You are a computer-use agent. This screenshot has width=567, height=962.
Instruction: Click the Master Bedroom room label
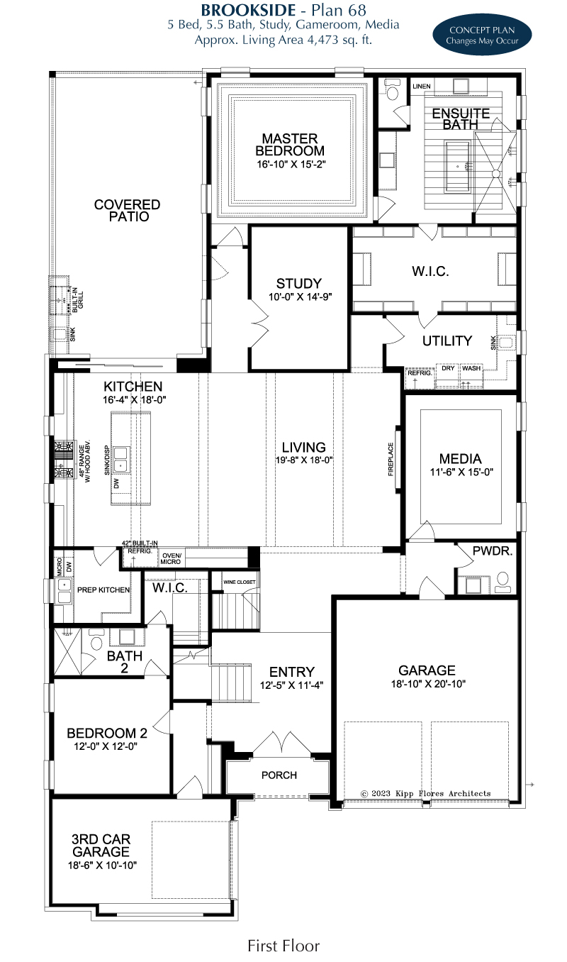pos(290,145)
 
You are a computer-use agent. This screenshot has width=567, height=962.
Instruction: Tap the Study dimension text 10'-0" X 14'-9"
pos(301,297)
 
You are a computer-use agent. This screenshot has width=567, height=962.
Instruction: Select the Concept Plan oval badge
pos(482,35)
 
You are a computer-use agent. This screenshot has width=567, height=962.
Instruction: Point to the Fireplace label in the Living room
pos(391,459)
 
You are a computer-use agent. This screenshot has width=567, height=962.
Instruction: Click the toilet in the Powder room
pos(503,582)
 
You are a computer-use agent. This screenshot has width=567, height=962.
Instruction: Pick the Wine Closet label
pos(240,582)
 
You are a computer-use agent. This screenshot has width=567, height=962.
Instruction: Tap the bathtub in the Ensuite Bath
pos(458,166)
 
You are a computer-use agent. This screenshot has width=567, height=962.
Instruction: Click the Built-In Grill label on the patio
pos(78,300)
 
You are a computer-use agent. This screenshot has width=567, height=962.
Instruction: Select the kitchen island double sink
pos(120,460)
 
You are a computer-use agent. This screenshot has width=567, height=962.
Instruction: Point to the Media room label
pos(460,459)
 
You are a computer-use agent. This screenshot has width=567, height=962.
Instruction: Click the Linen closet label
pos(421,87)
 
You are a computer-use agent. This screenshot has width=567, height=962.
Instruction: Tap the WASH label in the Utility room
pos(471,368)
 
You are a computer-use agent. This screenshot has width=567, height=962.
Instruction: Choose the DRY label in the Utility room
pos(448,368)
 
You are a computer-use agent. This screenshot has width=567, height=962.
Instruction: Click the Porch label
pos(279,775)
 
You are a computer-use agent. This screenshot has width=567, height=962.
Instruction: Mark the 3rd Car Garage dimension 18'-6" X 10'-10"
pos(102,866)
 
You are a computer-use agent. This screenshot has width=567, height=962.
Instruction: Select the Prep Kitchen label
pos(103,590)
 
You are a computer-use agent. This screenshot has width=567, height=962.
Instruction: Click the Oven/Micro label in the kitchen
pos(171,558)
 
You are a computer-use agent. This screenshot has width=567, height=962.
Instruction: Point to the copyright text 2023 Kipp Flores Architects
pos(425,793)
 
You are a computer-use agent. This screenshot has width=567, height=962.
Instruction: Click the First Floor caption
pos(283,946)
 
